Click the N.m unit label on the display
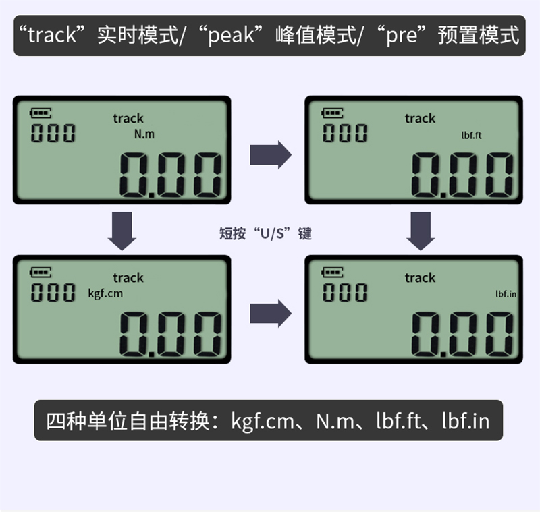click(144, 134)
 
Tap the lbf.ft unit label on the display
click(471, 136)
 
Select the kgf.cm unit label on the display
click(106, 293)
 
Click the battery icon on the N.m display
click(40, 113)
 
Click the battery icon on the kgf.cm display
click(40, 273)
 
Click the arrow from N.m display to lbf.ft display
click(270, 155)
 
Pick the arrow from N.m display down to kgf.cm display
click(122, 229)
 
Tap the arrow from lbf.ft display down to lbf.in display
click(421, 229)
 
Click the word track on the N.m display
click(128, 119)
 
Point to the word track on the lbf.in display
click(420, 277)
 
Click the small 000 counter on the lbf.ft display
click(344, 133)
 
